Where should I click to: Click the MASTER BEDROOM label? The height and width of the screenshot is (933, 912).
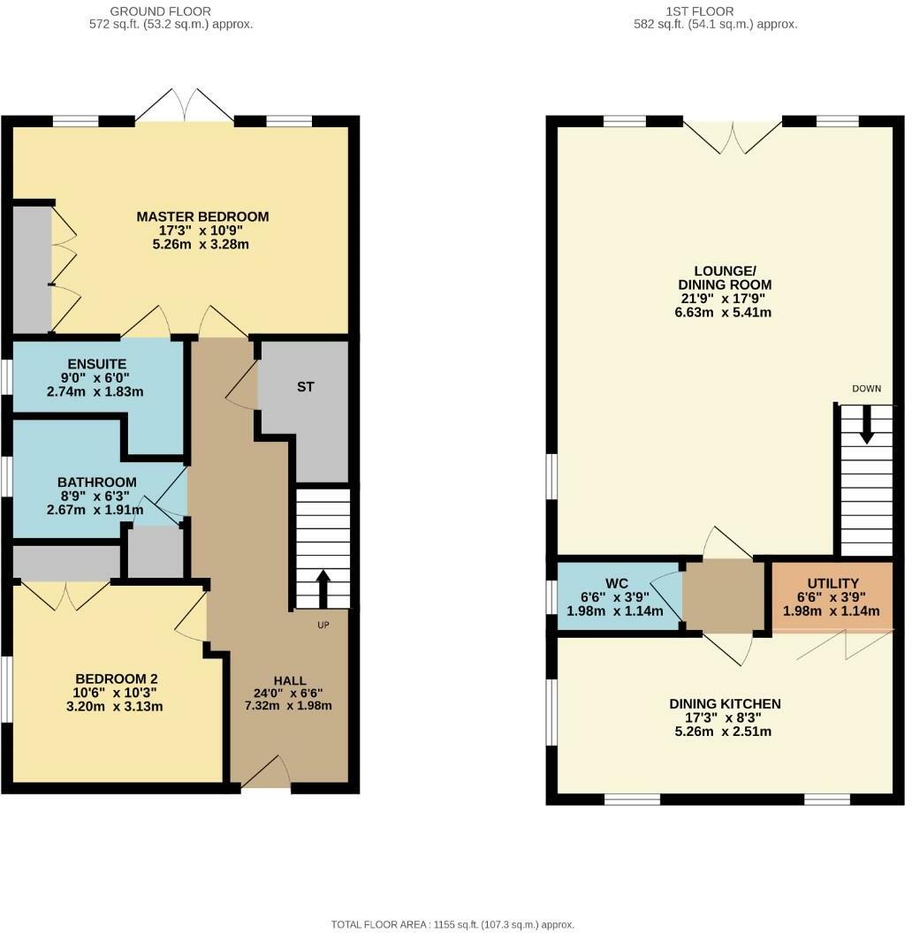202,216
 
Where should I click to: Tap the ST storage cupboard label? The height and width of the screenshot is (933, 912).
306,387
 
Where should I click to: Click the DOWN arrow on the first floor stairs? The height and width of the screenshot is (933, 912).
866,425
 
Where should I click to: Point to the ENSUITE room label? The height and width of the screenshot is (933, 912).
97,364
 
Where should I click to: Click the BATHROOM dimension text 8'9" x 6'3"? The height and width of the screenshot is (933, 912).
97,496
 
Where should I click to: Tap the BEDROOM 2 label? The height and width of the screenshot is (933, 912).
117,679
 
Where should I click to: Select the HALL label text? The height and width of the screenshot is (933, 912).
290,680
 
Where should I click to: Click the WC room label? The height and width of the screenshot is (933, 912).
616,583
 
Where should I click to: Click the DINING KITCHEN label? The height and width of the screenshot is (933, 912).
725,704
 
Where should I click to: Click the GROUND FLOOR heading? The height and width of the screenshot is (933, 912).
160,11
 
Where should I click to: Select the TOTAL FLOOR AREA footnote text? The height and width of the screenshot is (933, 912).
452,924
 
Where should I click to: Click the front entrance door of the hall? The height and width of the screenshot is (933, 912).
266,774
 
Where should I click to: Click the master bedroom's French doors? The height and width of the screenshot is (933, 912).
185,105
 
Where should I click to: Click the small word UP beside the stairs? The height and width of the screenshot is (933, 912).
323,626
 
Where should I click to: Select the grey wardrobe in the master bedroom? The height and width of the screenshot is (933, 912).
31,269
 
